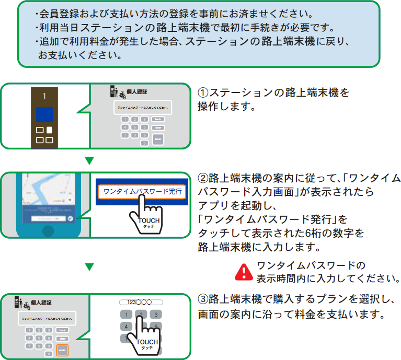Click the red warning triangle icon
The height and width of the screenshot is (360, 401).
click(x=244, y=271)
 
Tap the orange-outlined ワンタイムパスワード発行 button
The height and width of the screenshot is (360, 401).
click(x=141, y=192)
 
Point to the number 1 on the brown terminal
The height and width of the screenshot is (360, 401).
click(x=45, y=97)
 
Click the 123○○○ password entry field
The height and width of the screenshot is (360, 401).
click(x=140, y=302)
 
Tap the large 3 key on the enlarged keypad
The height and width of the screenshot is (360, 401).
click(x=155, y=315)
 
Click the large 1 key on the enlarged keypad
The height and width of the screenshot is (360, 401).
click(x=125, y=315)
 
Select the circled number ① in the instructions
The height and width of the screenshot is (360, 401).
click(x=203, y=92)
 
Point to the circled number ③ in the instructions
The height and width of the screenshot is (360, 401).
click(x=203, y=300)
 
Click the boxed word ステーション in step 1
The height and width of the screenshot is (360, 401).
click(x=240, y=92)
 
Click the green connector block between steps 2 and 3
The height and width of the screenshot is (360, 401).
click(x=89, y=268)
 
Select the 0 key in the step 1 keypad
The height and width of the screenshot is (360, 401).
click(x=144, y=142)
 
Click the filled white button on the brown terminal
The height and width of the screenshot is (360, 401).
click(x=50, y=130)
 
